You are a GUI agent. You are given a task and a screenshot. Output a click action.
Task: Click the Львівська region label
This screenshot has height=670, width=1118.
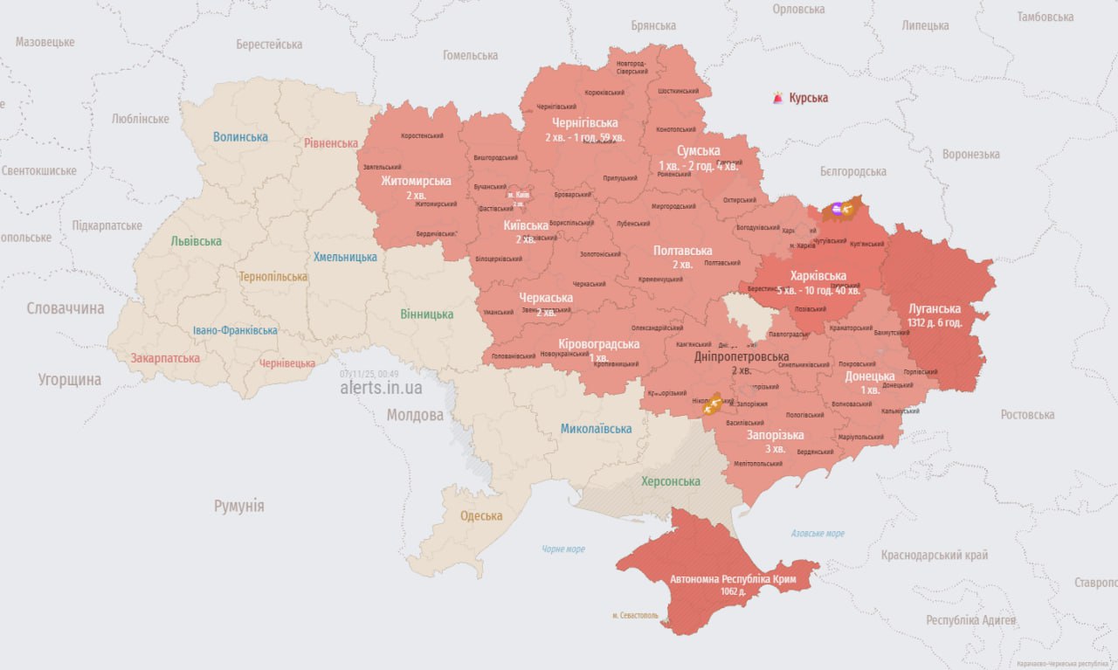(x=196, y=241)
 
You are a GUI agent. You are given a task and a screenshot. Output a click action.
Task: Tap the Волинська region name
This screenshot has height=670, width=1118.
(x=240, y=137)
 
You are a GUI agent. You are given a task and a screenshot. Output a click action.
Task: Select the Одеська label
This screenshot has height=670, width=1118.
(x=481, y=515)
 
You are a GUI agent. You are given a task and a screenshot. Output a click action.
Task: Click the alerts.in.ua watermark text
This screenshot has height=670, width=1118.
(x=381, y=388)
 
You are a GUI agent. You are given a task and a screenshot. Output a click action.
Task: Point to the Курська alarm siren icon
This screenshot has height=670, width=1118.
(x=777, y=98)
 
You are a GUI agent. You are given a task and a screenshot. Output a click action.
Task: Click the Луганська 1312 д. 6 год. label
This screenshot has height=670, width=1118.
(x=934, y=314)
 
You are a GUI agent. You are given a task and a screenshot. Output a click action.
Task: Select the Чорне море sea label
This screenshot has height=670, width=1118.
(x=562, y=549)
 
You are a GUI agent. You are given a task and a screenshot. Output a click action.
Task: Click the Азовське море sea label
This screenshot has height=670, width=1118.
(x=818, y=533)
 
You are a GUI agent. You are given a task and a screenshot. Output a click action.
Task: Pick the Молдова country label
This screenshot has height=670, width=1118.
(x=415, y=415)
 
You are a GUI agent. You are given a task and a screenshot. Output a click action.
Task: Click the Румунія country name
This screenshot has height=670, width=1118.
(x=238, y=506)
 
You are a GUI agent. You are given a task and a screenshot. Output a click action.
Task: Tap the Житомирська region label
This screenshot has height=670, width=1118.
(x=416, y=181)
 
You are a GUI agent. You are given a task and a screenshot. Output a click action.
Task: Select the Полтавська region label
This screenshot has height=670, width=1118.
(x=682, y=251)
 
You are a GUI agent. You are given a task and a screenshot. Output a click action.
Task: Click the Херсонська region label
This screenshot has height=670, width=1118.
(x=671, y=481)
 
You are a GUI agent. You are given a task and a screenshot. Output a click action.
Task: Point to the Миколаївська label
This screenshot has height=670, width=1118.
(x=596, y=428)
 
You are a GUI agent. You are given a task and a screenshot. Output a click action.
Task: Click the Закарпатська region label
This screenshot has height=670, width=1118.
(x=165, y=358)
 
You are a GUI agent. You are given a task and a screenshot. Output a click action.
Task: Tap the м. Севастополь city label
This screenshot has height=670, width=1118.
(x=635, y=615)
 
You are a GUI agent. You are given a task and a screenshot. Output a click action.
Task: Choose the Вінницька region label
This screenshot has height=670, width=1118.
(x=427, y=314)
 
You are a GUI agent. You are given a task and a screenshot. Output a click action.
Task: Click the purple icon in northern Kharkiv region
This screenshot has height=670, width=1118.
(x=837, y=208)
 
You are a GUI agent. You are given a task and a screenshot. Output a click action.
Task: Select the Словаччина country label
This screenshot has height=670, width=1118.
(x=66, y=308)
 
